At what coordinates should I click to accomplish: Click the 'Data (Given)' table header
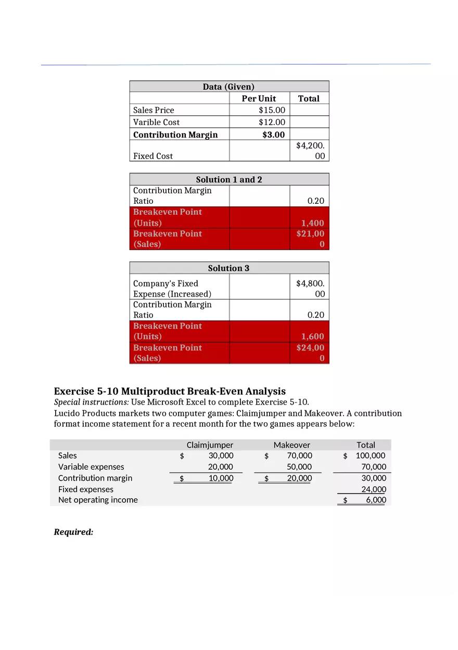tap(228, 87)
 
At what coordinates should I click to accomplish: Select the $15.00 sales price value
tap(272, 110)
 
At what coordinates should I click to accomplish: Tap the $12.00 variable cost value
tap(272, 122)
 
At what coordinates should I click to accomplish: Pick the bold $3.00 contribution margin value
tap(273, 134)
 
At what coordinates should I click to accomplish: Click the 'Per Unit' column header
tap(259, 99)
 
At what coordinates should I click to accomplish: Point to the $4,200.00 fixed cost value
tap(310, 151)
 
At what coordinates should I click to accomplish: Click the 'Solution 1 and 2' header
tap(228, 179)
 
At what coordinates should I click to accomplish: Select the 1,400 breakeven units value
tap(312, 223)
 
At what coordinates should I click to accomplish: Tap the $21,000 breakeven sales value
tap(310, 239)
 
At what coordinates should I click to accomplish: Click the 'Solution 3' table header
tap(228, 268)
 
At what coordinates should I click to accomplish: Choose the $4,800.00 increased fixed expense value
tap(310, 288)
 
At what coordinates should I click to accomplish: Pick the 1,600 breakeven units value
tap(312, 337)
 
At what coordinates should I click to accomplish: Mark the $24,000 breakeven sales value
tap(310, 353)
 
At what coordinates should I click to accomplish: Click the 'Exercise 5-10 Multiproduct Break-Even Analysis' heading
tap(170, 391)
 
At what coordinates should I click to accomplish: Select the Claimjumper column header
tap(210, 445)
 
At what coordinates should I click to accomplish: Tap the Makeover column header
tap(291, 445)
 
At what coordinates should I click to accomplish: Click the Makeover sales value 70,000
tap(299, 456)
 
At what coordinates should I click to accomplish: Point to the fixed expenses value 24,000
tap(374, 489)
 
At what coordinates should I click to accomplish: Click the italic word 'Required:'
tap(73, 532)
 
